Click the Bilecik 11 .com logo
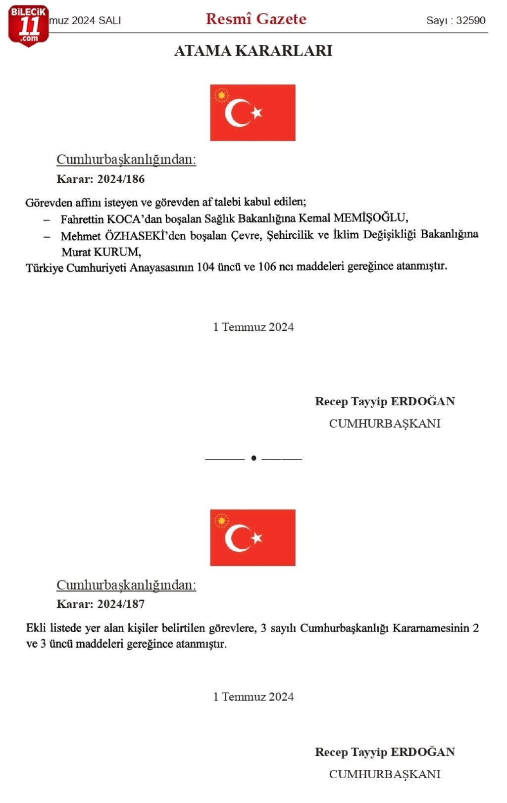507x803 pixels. (28, 26)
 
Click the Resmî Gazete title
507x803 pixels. (256, 19)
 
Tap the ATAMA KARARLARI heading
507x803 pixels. (253, 51)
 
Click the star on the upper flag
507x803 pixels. (256, 113)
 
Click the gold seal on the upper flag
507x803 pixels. (221, 95)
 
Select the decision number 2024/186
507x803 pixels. (121, 179)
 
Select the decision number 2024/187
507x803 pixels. (121, 604)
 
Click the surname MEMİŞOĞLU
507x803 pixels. (370, 217)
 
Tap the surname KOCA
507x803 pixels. (124, 219)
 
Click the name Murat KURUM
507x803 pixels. (101, 252)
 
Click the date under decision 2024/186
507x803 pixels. (253, 327)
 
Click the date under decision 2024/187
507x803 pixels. (253, 696)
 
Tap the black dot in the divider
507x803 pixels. (253, 458)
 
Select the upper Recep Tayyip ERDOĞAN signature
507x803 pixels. (385, 401)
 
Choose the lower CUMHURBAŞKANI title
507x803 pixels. (385, 774)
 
